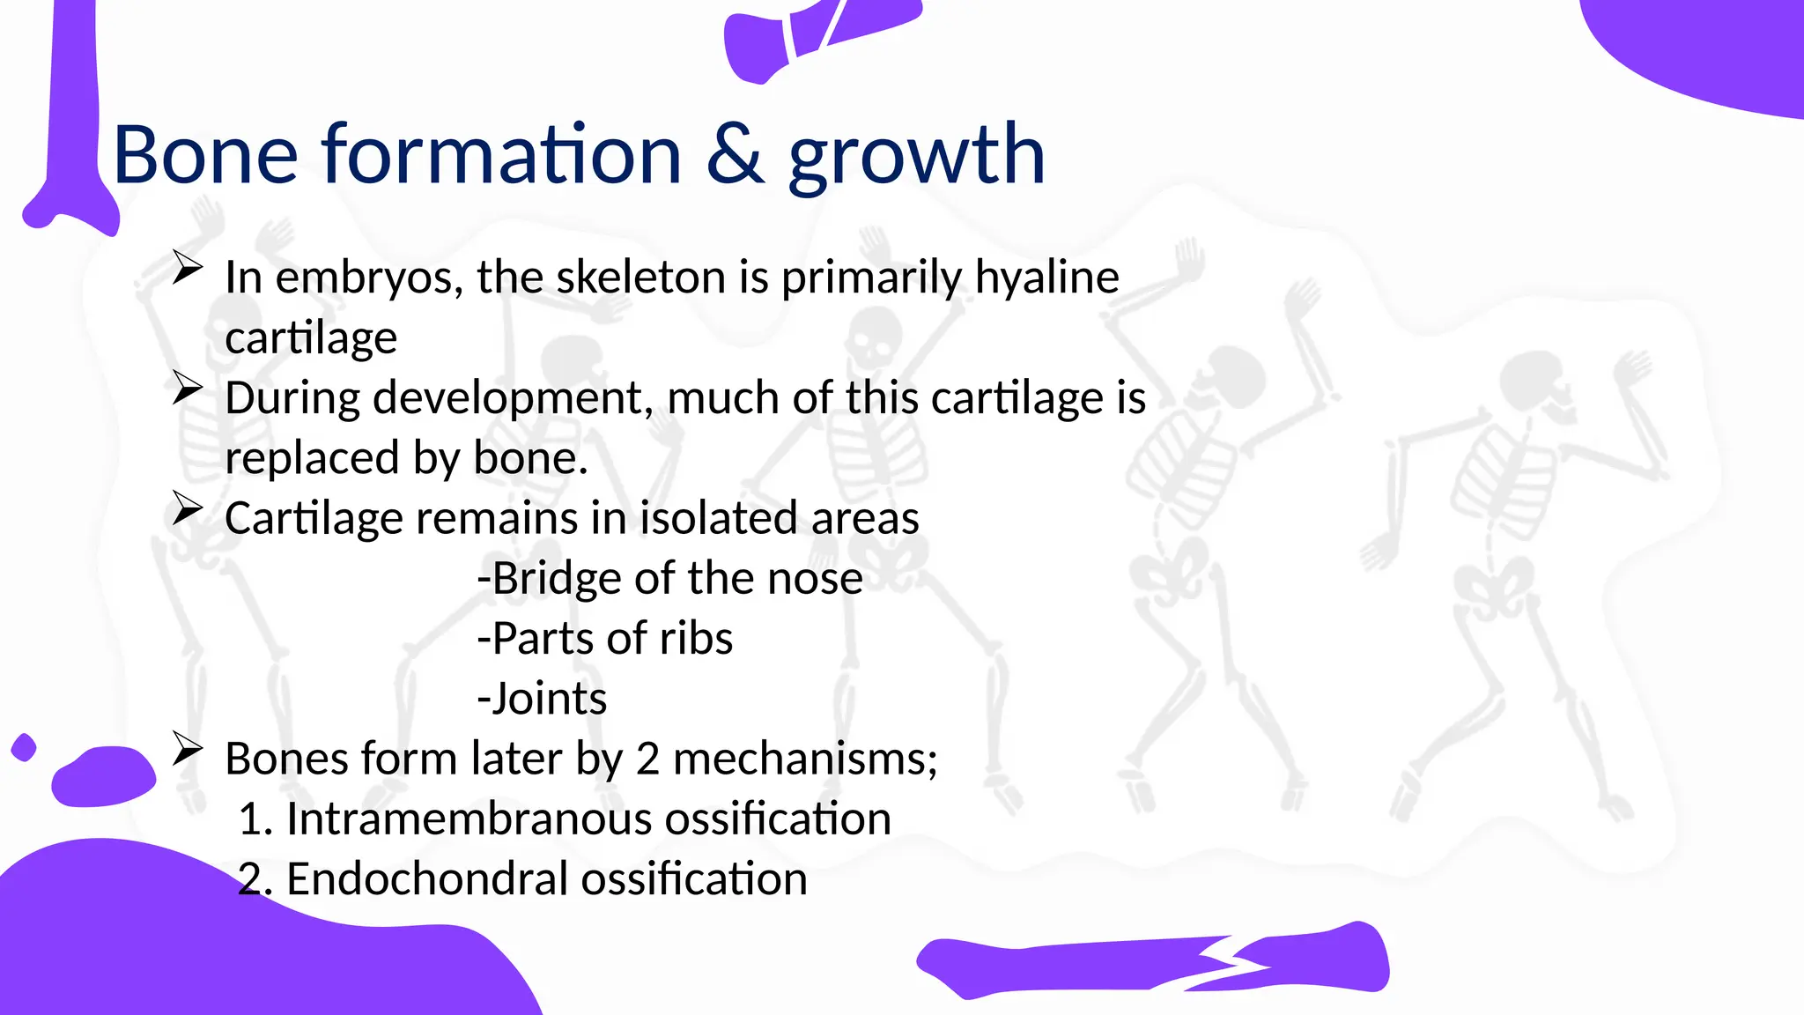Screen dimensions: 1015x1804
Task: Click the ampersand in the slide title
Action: pos(736,155)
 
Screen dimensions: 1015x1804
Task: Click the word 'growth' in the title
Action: pos(916,157)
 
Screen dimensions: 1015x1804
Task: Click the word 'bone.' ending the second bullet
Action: pos(530,458)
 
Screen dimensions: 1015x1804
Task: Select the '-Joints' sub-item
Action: pos(542,699)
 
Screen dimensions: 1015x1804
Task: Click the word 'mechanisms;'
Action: pos(805,759)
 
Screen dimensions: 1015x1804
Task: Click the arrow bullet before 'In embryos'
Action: pos(187,267)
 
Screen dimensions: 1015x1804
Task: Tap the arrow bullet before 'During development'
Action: pos(187,388)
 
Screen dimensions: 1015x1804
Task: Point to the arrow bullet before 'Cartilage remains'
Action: pos(187,507)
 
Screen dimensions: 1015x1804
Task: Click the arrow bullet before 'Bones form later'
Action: pos(187,749)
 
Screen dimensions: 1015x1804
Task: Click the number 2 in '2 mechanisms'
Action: pos(647,759)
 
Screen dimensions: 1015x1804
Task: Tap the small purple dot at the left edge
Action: pos(24,747)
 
